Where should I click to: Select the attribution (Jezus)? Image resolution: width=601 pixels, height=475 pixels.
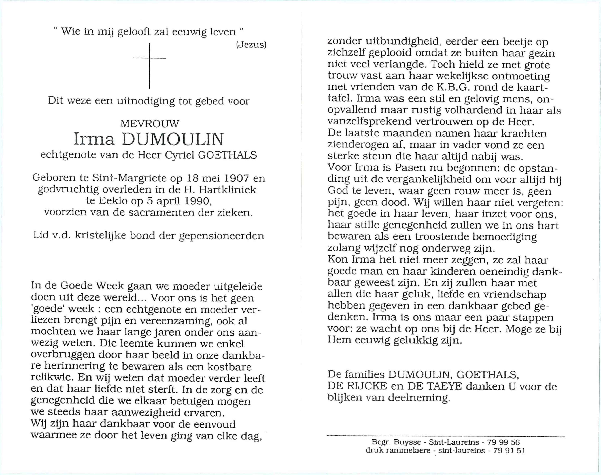(x=251, y=45)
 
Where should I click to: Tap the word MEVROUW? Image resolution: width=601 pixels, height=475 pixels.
(x=150, y=123)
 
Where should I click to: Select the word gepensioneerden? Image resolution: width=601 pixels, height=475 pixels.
(x=221, y=236)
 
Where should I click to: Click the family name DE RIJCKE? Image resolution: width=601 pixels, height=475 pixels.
(x=358, y=386)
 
